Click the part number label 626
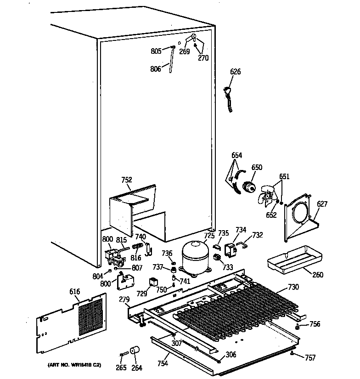tap(235, 72)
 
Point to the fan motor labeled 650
tap(250, 187)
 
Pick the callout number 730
tap(293, 287)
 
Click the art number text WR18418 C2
tap(74, 365)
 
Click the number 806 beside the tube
tap(156, 69)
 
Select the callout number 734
tap(241, 230)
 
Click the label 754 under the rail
tap(163, 363)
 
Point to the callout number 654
tap(236, 155)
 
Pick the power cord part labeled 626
tap(227, 97)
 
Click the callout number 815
tap(121, 239)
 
